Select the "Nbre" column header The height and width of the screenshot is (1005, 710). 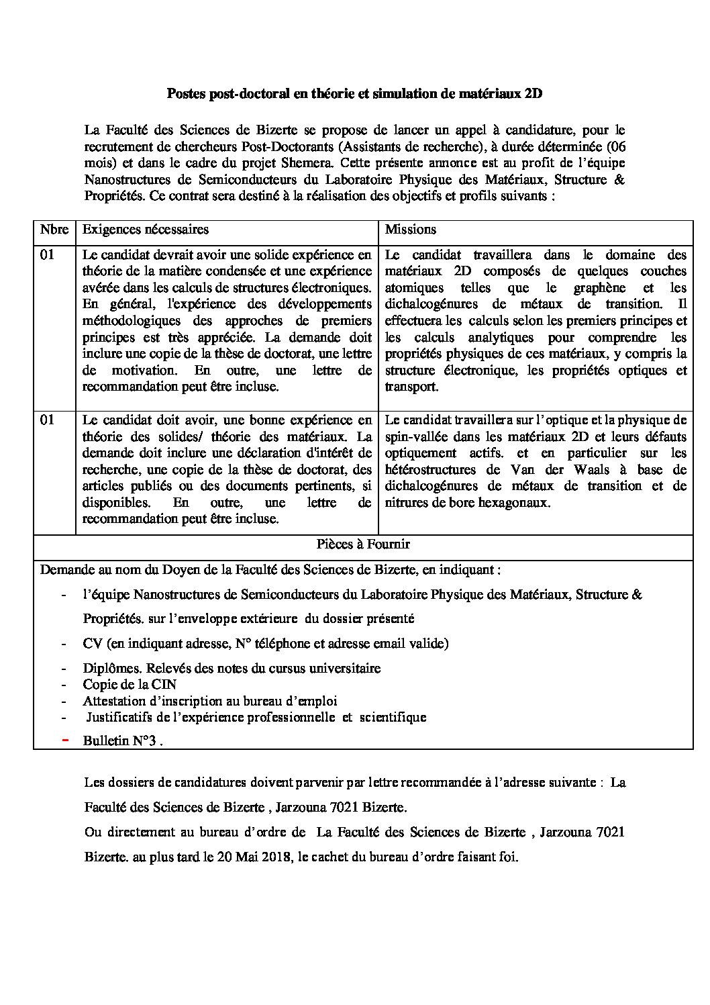point(54,229)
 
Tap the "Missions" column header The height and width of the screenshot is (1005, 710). point(411,229)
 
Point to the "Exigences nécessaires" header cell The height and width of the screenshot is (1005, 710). point(146,229)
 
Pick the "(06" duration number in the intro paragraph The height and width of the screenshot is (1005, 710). point(615,146)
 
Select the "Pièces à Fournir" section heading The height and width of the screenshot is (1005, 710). point(363,544)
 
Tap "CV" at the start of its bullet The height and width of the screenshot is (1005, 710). point(92,643)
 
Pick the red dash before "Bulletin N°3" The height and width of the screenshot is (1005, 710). point(64,740)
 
